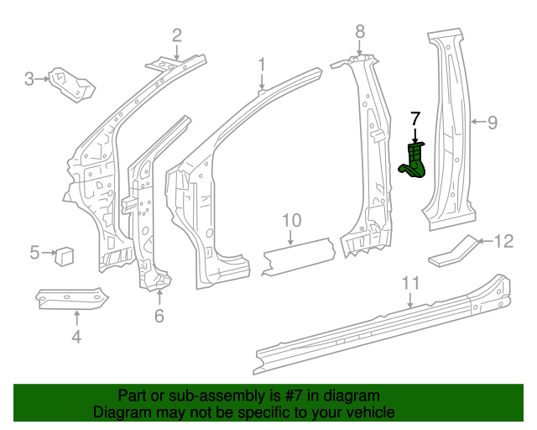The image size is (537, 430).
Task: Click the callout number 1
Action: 261,65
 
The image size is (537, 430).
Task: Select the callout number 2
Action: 177,35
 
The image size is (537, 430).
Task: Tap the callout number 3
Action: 29,80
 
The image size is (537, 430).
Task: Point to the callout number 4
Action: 76,337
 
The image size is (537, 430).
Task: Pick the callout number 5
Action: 35,251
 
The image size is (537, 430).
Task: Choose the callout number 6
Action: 159,316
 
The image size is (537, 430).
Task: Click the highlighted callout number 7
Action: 415,118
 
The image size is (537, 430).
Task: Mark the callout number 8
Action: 360,31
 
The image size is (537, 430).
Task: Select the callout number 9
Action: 493,123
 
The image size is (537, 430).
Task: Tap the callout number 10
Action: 291,221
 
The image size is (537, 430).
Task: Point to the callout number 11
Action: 409,283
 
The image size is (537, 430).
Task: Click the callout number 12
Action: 503,242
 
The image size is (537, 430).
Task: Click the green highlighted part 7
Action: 415,160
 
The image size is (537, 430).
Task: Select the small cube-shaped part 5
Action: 65,254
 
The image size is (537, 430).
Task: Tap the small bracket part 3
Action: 70,81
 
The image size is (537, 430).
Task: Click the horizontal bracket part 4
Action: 73,297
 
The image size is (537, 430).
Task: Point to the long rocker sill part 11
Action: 378,323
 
